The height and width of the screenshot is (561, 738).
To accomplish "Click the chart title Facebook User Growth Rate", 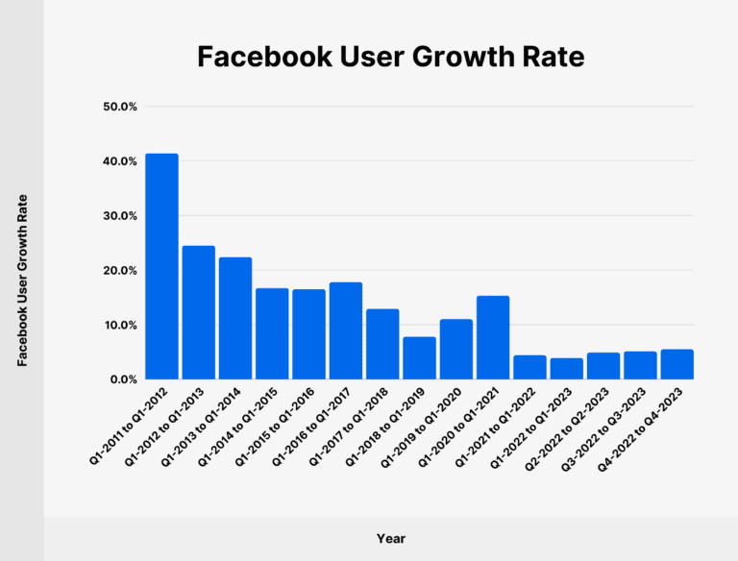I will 390,57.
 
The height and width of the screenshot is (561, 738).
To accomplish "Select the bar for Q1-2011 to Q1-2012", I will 161,266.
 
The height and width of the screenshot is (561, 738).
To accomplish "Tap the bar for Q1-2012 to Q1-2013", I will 198,312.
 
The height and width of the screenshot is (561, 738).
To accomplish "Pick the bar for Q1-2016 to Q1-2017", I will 346,330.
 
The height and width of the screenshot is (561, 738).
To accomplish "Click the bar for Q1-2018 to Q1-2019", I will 419,357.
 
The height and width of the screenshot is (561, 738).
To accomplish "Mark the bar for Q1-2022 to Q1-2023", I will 566,369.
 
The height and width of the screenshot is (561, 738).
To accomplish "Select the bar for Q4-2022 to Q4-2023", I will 676,364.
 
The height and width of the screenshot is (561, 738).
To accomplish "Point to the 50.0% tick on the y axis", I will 120,107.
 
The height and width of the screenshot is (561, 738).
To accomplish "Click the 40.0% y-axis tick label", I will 120,161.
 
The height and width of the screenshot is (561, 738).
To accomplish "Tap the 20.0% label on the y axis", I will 120,271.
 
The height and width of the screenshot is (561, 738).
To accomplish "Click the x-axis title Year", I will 390,538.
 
